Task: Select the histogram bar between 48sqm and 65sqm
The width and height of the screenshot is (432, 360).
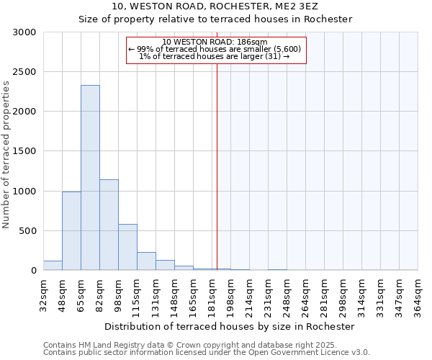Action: coord(71,230)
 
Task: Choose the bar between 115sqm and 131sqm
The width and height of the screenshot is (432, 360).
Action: coord(146,261)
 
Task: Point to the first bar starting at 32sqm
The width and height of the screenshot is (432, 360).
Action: coord(53,266)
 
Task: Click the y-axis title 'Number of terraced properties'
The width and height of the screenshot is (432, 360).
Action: coord(7,155)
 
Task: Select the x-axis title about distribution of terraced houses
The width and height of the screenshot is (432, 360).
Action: coord(230,326)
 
